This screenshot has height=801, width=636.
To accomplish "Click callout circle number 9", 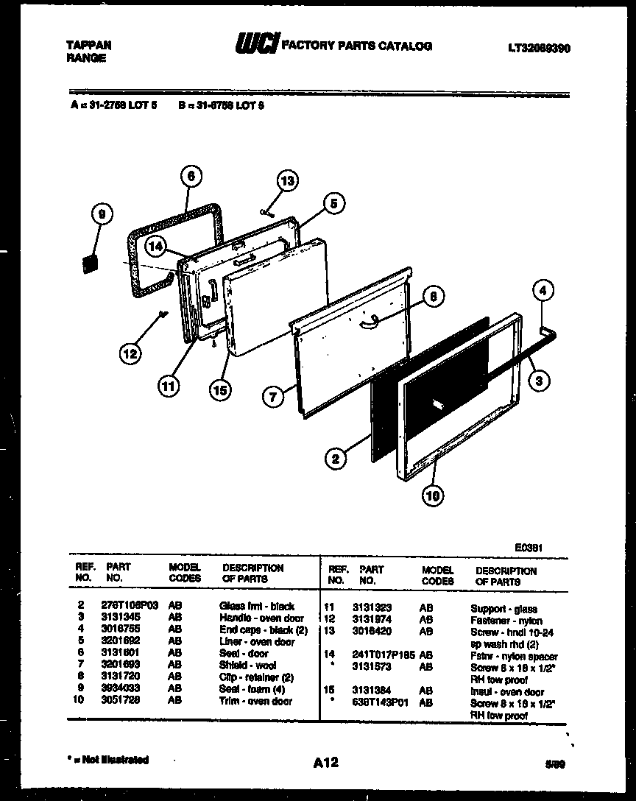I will (102, 214).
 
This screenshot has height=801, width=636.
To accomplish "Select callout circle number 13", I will (288, 181).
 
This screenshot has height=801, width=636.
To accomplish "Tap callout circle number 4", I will (542, 290).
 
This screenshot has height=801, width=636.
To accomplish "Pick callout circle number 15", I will (219, 390).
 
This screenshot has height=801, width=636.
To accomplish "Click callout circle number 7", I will (274, 397).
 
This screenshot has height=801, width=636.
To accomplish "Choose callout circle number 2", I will (335, 459).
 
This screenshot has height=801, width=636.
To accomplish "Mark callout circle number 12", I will (129, 353).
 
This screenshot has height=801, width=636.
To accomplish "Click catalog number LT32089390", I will (539, 48).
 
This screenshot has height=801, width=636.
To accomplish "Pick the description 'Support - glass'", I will (504, 609).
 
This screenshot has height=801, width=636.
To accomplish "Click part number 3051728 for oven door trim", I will (122, 702).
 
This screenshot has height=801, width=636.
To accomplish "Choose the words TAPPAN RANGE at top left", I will (83, 50).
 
